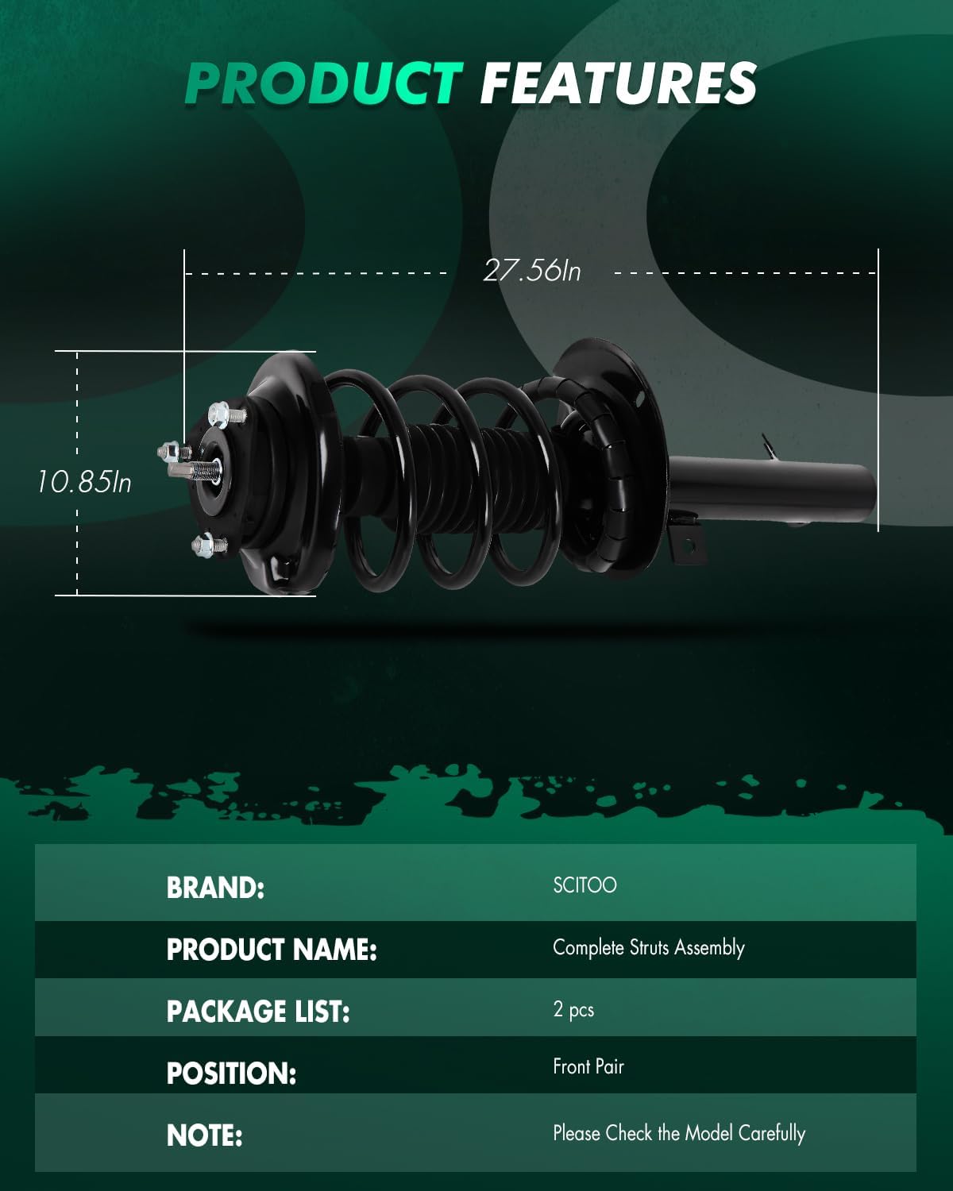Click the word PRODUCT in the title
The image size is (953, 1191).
tap(323, 83)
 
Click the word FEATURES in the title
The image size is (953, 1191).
tap(618, 83)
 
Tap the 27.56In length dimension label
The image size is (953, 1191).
tap(532, 272)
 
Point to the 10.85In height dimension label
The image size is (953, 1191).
tap(84, 481)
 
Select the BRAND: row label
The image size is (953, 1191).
tap(215, 888)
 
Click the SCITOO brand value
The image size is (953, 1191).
tap(585, 885)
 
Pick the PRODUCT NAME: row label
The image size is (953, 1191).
tap(272, 950)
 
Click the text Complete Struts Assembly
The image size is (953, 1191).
tap(648, 948)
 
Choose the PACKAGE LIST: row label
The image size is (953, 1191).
tap(258, 1012)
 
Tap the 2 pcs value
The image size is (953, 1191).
tap(573, 1010)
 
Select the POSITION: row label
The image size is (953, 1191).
tap(231, 1073)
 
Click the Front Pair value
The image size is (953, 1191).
tap(588, 1066)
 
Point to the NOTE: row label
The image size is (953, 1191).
tap(204, 1135)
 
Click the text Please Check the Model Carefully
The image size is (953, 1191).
tap(679, 1133)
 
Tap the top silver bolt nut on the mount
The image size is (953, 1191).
tap(220, 414)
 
